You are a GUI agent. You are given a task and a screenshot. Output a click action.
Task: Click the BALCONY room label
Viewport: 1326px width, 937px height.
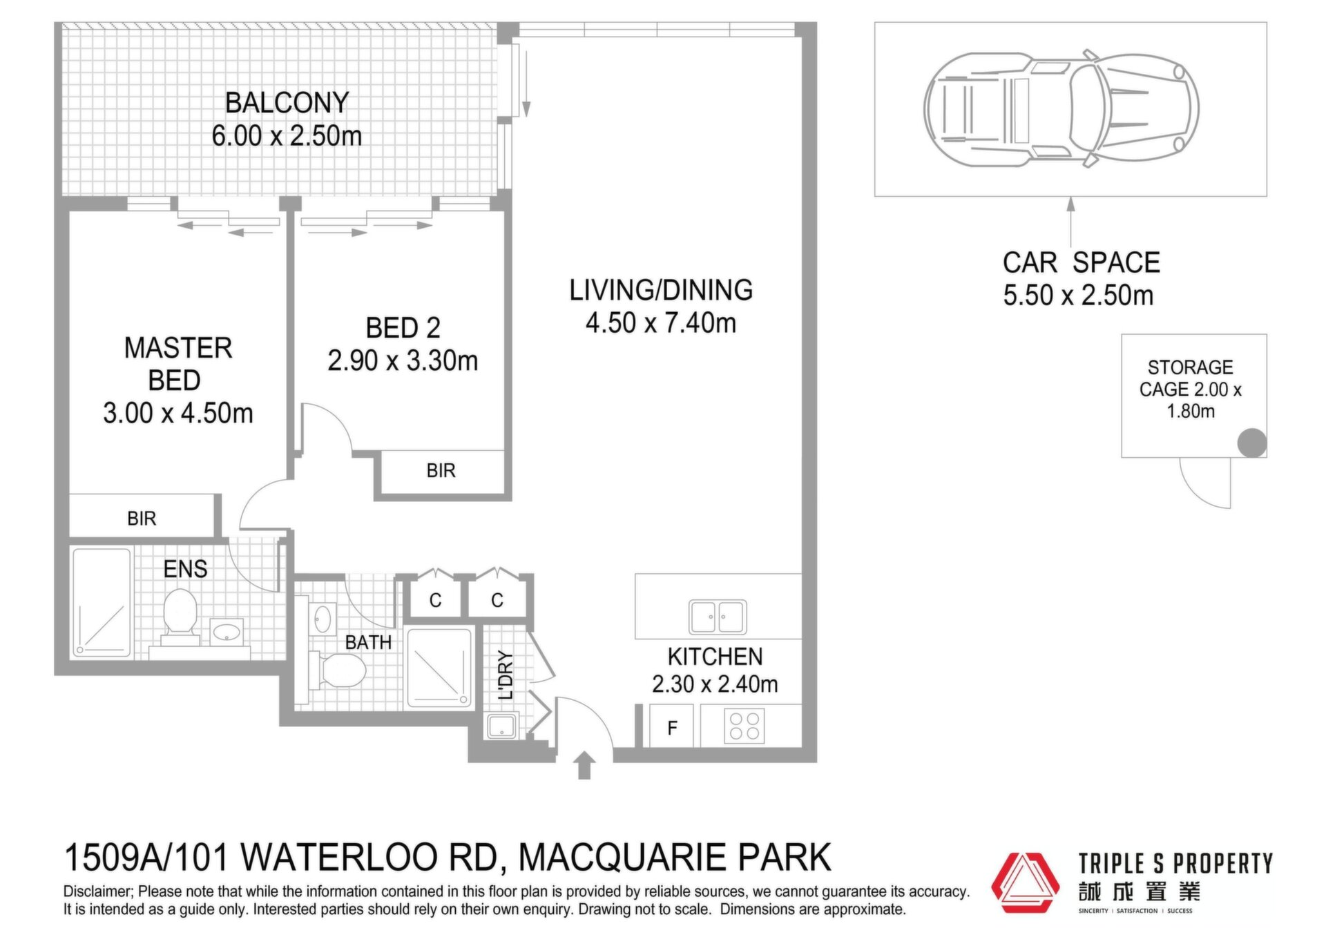[x=287, y=103]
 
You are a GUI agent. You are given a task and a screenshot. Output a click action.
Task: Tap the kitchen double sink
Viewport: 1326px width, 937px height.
[x=718, y=617]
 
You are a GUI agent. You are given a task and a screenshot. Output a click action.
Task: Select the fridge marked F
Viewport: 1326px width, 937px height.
[x=671, y=726]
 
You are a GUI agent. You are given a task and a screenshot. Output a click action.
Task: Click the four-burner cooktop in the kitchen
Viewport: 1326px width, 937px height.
[x=744, y=726]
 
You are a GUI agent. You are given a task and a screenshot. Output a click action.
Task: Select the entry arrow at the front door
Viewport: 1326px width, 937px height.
[x=584, y=765]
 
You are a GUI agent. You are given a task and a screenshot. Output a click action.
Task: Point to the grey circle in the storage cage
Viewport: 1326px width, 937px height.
[x=1251, y=443]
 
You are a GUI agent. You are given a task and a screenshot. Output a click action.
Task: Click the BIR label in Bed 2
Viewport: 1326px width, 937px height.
[x=441, y=471]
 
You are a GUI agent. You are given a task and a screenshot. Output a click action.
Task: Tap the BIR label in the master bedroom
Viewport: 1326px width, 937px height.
[x=142, y=519]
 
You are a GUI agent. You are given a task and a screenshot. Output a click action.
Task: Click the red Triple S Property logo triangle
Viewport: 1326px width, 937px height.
[x=1025, y=882]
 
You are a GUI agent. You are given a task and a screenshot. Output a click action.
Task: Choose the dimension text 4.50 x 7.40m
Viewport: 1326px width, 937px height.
[x=661, y=323]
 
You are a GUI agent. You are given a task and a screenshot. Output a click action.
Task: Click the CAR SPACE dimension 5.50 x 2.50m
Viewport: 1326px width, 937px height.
[x=1078, y=296]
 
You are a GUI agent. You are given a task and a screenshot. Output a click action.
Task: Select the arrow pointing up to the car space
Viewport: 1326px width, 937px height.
[x=1070, y=222]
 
